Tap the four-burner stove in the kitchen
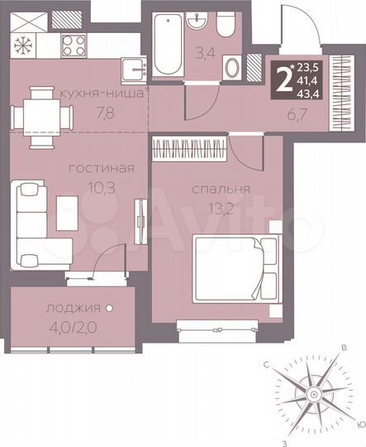coord(69,40)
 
